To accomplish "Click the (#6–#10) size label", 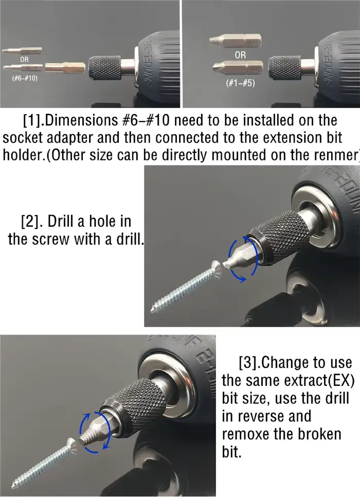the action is [25, 78].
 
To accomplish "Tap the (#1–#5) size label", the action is [240, 83].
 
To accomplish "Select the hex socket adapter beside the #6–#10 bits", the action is [65, 67].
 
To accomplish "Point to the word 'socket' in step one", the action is [23, 138].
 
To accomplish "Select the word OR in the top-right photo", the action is [240, 55].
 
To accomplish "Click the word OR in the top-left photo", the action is [24, 59].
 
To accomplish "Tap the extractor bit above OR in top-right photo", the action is [235, 41].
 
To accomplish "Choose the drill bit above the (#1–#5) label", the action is [237, 67].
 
